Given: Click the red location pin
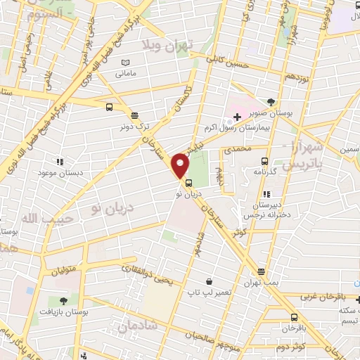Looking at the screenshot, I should (181, 165).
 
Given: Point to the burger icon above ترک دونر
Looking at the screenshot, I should (134, 115).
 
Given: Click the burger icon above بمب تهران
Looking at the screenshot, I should (262, 271).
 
